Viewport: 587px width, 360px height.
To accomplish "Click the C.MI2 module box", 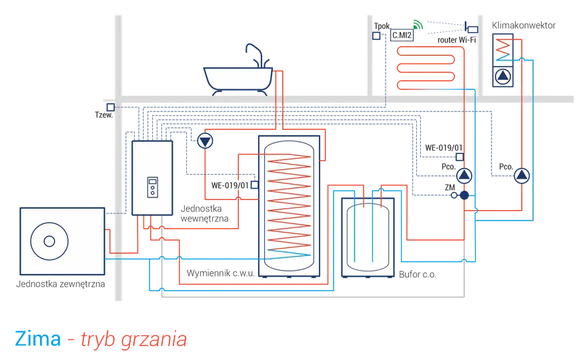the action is [402, 35].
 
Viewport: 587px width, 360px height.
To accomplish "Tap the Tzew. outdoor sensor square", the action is [111, 107].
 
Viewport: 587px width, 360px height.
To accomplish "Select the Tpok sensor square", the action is [376, 35].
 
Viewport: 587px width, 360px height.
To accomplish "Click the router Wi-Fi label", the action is [457, 40].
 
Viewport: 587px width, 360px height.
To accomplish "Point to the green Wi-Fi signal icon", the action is [418, 25].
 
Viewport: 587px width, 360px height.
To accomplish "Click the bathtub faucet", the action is [257, 55].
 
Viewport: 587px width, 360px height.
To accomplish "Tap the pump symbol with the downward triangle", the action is [205, 141].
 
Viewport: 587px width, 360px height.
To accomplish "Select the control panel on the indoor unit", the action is [152, 187].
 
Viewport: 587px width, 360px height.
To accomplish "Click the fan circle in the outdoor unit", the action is [49, 241].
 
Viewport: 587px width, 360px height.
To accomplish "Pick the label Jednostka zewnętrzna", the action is [60, 284].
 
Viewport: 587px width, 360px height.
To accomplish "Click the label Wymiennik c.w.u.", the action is [221, 273].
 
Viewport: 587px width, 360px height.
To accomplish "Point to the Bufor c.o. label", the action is [418, 274].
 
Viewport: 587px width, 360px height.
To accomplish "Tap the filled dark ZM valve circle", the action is [464, 195].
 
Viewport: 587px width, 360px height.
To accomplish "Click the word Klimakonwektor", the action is [524, 25].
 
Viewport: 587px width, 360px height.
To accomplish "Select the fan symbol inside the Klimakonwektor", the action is [503, 77].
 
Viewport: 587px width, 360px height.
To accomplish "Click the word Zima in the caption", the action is [38, 339].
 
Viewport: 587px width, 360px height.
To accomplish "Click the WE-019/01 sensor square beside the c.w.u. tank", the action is [255, 185].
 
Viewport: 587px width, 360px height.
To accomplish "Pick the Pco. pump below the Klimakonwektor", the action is [522, 175].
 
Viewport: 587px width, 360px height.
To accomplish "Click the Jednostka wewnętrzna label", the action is [204, 214].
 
